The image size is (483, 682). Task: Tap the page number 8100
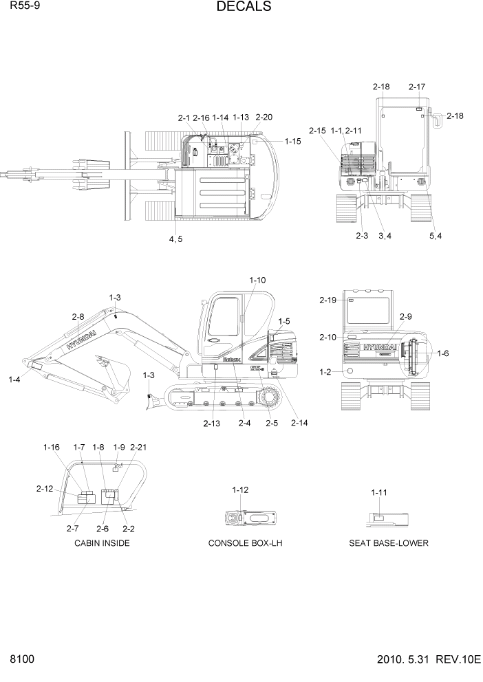[21, 660]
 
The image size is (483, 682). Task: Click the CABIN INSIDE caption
[102, 543]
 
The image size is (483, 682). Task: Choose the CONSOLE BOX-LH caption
[246, 543]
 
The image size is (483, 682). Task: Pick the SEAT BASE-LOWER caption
[389, 543]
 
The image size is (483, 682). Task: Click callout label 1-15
[292, 142]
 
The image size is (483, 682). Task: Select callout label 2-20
[264, 118]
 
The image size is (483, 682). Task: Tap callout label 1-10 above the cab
[257, 280]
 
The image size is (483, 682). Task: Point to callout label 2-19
[328, 300]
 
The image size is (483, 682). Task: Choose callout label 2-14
[299, 423]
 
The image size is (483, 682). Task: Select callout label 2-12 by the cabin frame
[45, 489]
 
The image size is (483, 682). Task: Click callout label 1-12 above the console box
[240, 489]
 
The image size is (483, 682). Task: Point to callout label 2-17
[417, 87]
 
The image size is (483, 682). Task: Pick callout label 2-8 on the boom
[78, 317]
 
